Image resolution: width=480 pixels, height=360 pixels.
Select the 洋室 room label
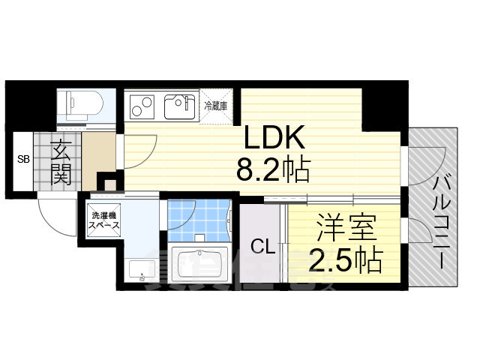click(x=346, y=228)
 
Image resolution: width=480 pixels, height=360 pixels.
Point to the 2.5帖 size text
click(x=346, y=260)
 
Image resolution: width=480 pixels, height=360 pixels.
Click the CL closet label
click(x=261, y=246)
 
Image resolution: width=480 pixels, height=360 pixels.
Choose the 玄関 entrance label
click(x=61, y=163)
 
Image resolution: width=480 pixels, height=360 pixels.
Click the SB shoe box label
click(x=23, y=160)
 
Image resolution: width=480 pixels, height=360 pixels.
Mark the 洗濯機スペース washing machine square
click(x=104, y=219)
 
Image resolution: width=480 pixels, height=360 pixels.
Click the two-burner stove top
click(x=142, y=106)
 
